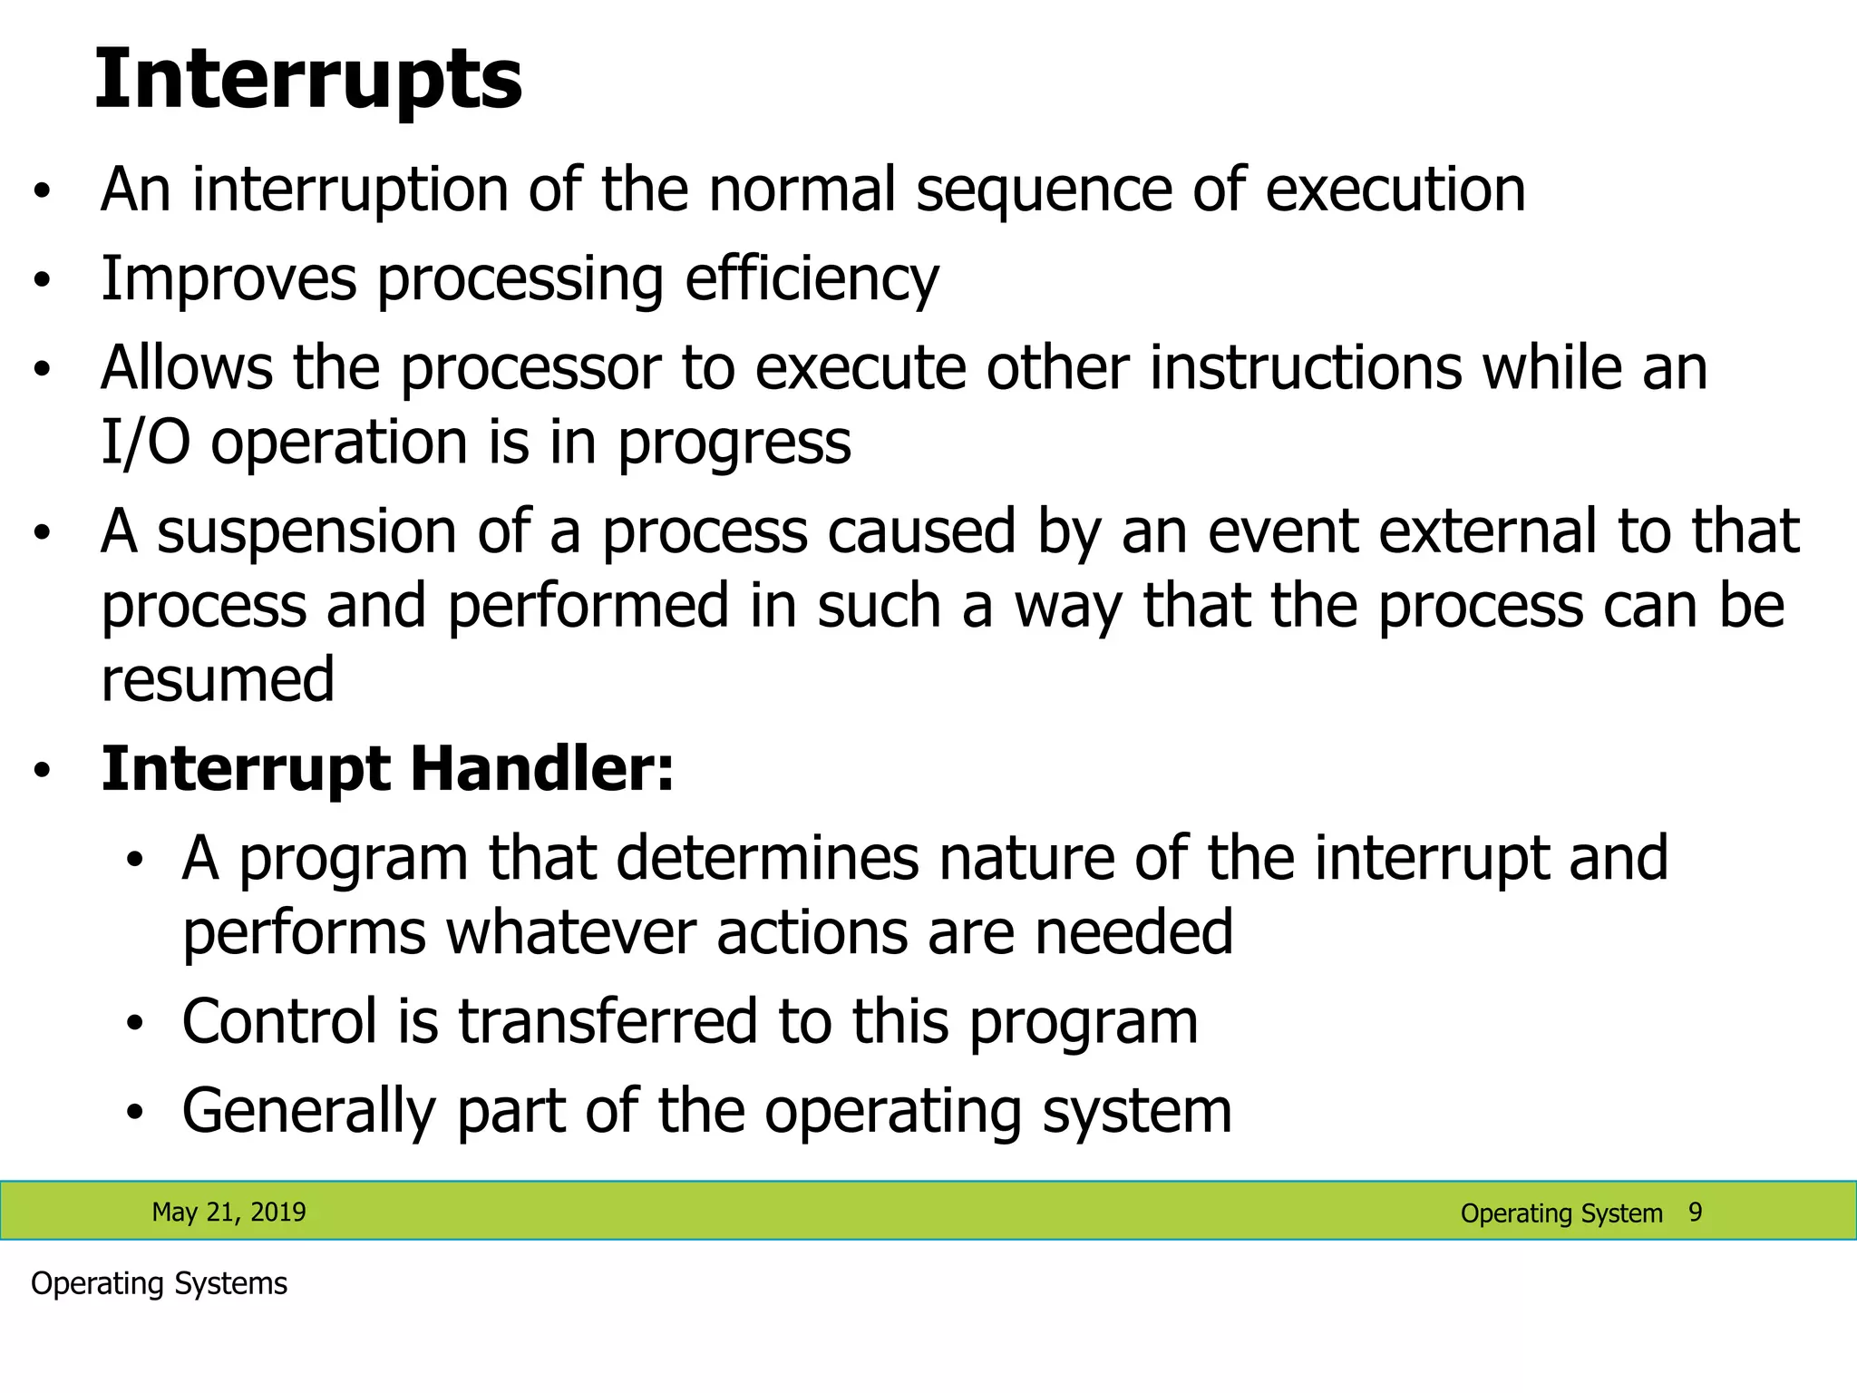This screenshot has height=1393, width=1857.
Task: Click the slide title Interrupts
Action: point(308,80)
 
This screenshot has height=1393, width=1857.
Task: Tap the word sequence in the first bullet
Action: point(1043,190)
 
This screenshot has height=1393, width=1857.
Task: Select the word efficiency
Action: point(812,279)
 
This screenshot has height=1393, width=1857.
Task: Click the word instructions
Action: point(1306,368)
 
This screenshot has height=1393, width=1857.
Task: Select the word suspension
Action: point(306,532)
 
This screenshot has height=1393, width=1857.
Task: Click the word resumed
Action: point(218,680)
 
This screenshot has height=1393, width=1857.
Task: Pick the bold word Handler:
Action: point(541,769)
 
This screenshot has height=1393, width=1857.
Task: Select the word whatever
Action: point(571,932)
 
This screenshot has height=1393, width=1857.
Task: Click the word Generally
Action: point(308,1112)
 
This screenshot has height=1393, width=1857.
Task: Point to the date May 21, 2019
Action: point(228,1213)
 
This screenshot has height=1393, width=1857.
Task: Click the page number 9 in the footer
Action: point(1695,1212)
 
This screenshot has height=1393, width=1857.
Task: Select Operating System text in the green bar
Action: point(1560,1213)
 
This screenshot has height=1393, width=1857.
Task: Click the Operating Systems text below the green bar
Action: point(159,1284)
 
